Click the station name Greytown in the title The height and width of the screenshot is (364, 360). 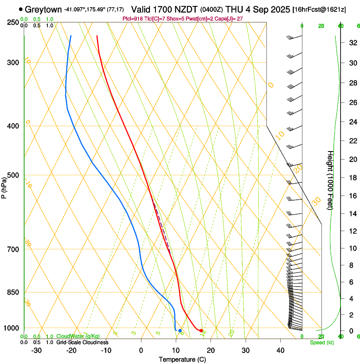tap(44, 9)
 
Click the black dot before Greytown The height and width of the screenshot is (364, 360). tap(21, 9)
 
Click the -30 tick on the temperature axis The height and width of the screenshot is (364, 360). tap(36, 350)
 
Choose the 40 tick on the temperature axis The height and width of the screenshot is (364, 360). tap(280, 350)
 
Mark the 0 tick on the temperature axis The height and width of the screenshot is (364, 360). tap(141, 350)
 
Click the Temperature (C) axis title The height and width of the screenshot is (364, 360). tap(182, 359)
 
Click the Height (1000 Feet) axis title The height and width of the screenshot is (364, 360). tap(331, 180)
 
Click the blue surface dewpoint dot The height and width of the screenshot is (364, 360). tap(180, 331)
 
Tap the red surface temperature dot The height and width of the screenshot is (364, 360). tap(201, 331)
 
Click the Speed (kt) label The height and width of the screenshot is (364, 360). tap(322, 342)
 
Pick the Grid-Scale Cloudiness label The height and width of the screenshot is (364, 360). tap(82, 342)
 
